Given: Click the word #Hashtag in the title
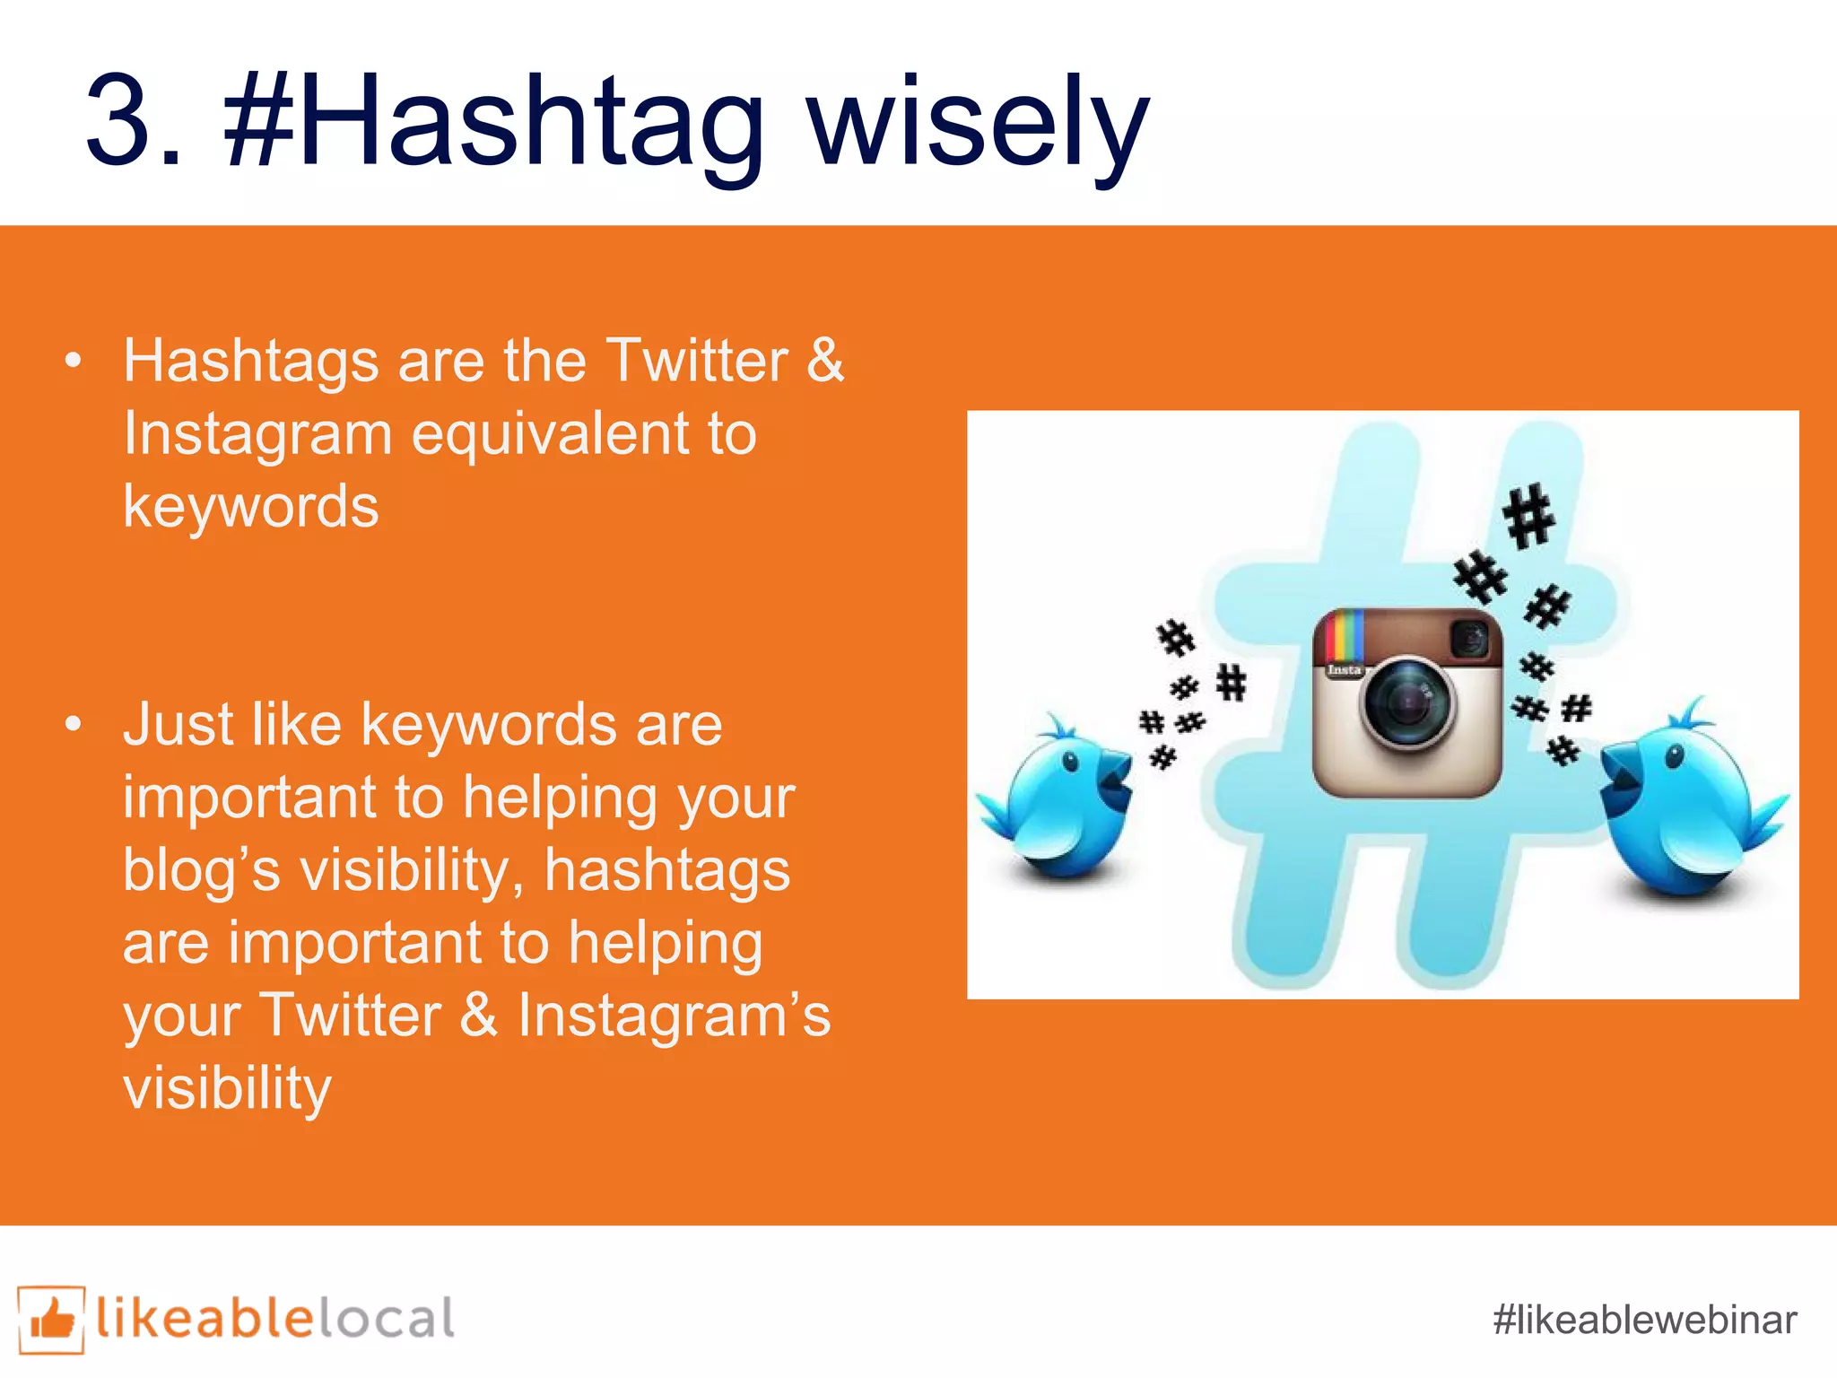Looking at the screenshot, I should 493,121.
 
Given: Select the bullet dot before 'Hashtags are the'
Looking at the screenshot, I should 74,362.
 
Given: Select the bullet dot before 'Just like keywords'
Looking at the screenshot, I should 74,724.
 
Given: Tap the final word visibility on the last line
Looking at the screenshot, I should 227,1088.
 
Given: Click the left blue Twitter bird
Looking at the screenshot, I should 1063,798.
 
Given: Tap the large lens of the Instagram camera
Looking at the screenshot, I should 1407,702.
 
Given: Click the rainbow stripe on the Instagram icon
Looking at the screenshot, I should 1343,637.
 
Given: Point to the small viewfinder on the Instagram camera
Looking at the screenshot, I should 1469,640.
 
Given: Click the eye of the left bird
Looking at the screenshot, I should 1070,763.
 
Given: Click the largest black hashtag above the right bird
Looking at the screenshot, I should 1528,516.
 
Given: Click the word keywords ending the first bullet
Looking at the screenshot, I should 251,507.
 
